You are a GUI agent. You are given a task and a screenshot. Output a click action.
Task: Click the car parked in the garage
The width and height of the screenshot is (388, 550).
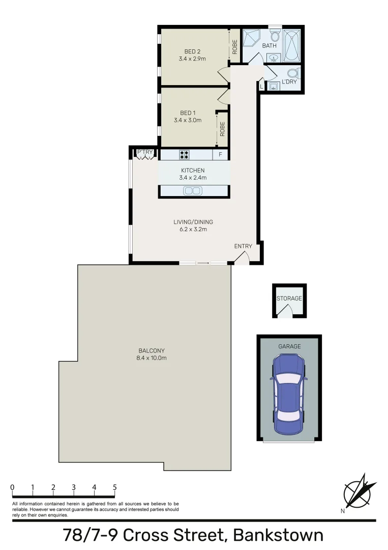289,394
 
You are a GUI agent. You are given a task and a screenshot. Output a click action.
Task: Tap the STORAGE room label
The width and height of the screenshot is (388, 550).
289,298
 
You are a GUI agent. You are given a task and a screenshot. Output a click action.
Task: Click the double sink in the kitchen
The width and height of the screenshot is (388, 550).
193,191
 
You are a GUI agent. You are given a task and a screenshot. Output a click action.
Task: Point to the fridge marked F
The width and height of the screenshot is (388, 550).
220,154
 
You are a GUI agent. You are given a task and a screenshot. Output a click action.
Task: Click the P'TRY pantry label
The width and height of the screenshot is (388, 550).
144,152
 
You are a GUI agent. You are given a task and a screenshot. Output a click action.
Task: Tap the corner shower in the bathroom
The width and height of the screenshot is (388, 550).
251,38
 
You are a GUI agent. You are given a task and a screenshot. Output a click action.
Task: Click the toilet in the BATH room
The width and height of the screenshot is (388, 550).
275,36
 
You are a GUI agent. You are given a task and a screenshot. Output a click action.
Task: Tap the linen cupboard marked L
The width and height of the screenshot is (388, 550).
261,87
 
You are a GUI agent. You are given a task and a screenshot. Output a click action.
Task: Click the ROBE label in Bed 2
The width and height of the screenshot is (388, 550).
234,47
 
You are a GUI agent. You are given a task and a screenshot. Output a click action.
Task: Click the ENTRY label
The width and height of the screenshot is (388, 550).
243,246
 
